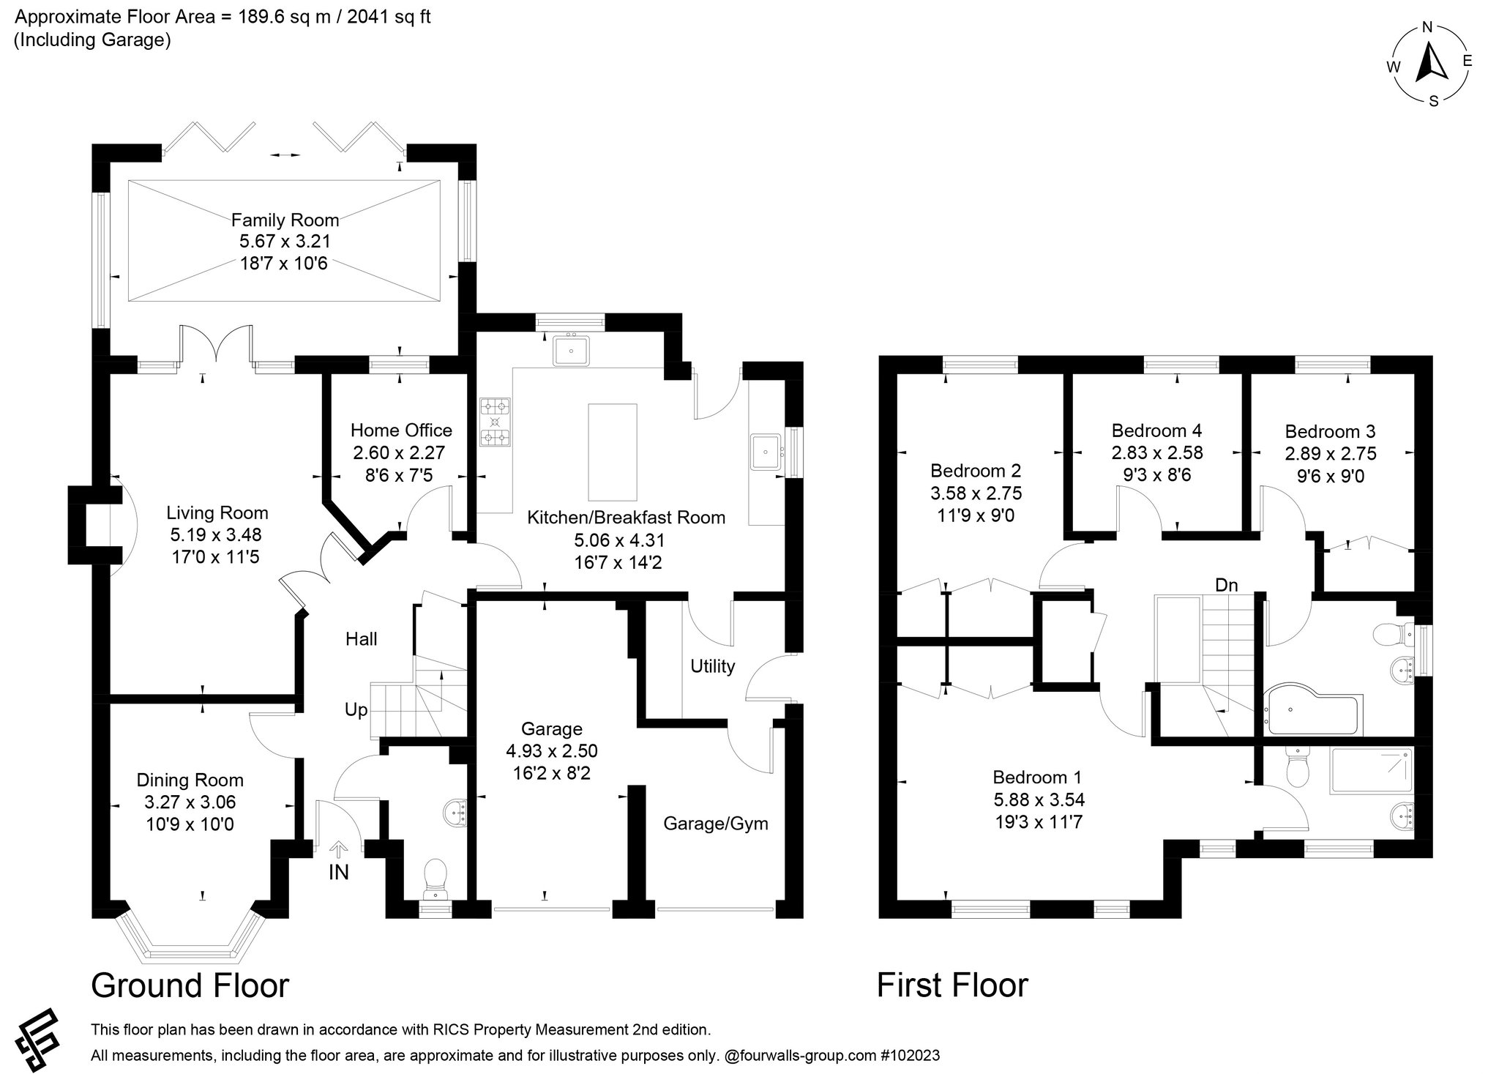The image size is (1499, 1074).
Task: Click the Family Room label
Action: [285, 220]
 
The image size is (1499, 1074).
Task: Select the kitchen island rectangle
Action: [613, 452]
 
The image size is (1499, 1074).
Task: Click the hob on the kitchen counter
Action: [496, 422]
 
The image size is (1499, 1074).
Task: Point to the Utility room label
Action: [713, 666]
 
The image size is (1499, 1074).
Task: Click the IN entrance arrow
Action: [338, 849]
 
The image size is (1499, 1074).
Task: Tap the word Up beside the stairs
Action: [356, 710]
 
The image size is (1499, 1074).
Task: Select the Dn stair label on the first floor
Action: [1227, 585]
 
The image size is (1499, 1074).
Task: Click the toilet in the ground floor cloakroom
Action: [436, 878]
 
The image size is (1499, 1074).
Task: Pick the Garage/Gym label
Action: [716, 824]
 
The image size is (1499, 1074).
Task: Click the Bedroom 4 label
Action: [1156, 430]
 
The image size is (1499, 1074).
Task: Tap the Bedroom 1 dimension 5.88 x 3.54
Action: [1039, 799]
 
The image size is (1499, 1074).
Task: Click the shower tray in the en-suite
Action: [1372, 770]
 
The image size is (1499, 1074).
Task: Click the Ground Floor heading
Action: [190, 985]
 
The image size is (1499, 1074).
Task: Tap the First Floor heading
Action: [952, 985]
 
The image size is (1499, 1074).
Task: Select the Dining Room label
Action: [190, 780]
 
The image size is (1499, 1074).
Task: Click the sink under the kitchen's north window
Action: [572, 351]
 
